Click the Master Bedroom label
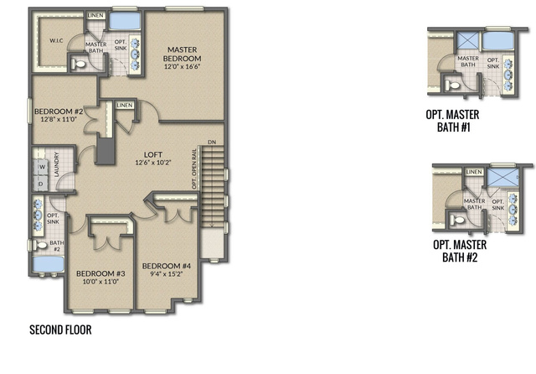tap(182, 54)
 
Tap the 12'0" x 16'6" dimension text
tap(182, 67)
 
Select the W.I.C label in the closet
tap(56, 41)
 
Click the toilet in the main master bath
tap(79, 64)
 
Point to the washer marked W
tap(42, 167)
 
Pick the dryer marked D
tap(41, 184)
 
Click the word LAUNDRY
tap(57, 164)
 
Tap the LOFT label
tap(153, 154)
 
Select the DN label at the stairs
tap(212, 142)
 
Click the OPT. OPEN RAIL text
tap(194, 169)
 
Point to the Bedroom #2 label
tap(59, 112)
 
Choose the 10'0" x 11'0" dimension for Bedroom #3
tap(100, 282)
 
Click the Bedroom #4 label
tap(167, 266)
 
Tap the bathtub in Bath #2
tap(49, 264)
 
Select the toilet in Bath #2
tap(40, 245)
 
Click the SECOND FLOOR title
tap(60, 330)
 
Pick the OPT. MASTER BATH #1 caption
tap(452, 121)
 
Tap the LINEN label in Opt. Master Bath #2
tap(474, 172)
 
